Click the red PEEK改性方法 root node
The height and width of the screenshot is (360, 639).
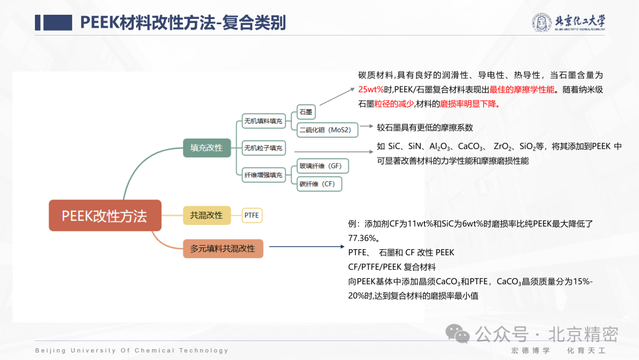pyautogui.click(x=105, y=216)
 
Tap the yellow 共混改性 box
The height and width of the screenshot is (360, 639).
pyautogui.click(x=206, y=215)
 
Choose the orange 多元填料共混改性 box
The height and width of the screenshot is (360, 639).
pyautogui.click(x=222, y=248)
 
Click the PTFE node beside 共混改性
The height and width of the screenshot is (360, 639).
pyautogui.click(x=252, y=216)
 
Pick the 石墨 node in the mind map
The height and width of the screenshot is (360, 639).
pyautogui.click(x=306, y=111)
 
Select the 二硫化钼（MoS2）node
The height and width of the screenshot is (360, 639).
pyautogui.click(x=325, y=129)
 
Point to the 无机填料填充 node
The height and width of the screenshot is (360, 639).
pyautogui.click(x=263, y=121)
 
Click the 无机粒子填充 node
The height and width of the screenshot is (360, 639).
pyautogui.click(x=263, y=147)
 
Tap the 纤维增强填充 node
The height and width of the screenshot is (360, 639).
pyautogui.click(x=263, y=174)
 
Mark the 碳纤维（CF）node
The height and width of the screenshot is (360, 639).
pyautogui.click(x=319, y=184)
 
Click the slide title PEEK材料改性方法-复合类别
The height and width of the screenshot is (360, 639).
pyautogui.click(x=183, y=22)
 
